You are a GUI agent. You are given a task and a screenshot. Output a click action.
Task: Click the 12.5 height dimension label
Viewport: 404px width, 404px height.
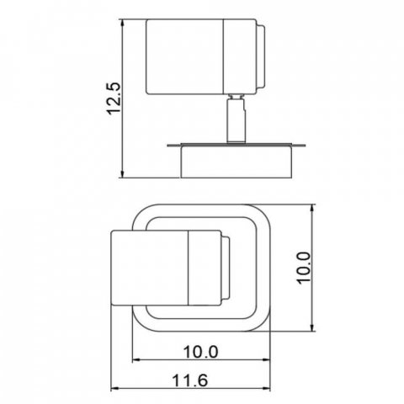114,98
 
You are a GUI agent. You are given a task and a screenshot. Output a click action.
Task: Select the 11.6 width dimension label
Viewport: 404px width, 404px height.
190,380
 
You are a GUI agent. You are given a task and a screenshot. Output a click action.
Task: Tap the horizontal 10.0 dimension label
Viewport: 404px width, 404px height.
200,352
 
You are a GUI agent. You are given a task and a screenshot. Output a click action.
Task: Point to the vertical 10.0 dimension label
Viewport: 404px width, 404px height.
304,268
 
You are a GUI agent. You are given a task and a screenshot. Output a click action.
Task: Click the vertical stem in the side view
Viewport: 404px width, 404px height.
237,120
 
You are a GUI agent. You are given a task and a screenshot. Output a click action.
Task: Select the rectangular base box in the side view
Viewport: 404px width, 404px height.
237,161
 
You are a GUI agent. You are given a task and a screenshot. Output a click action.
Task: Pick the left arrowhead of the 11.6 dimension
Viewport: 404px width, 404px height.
115,389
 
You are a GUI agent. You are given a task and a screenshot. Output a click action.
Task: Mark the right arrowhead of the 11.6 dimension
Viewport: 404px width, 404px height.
266,389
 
